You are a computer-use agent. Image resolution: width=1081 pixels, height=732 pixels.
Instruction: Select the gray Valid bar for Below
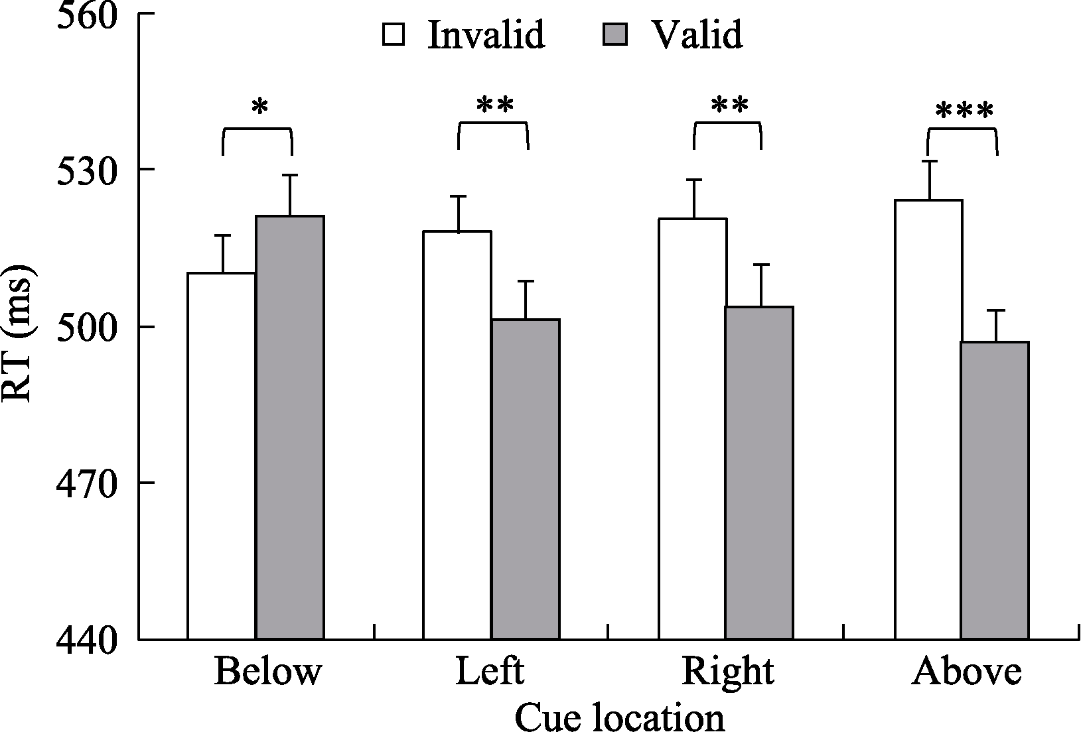click(x=290, y=428)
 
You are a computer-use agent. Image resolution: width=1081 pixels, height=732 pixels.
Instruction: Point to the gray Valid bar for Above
click(x=995, y=491)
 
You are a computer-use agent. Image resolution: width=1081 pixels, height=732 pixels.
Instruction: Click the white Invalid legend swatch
click(x=394, y=34)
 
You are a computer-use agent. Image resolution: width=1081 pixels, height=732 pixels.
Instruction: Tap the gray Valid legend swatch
click(x=614, y=34)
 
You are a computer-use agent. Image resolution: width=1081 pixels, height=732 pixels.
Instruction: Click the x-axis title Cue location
click(x=619, y=717)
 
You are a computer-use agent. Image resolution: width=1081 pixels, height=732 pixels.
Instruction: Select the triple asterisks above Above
click(x=964, y=111)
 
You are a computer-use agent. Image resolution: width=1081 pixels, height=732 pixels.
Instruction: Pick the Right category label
click(x=728, y=672)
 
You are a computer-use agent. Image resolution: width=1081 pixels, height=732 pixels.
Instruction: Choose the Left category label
click(x=490, y=672)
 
